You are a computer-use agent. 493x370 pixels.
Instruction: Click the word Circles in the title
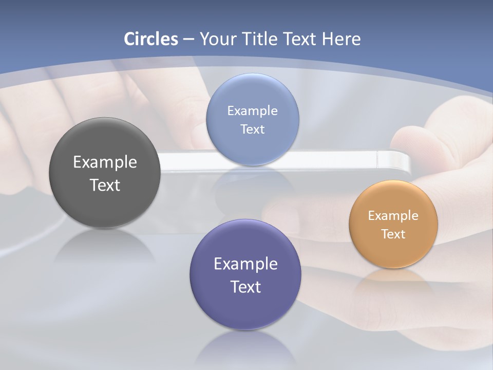pyautogui.click(x=150, y=39)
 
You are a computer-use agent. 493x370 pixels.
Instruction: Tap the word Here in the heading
pyautogui.click(x=341, y=39)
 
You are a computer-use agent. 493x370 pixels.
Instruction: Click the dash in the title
pyautogui.click(x=188, y=40)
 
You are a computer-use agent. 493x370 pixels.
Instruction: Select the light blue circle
pyautogui.click(x=252, y=149)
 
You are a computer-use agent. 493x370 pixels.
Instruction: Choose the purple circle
pyautogui.click(x=245, y=308)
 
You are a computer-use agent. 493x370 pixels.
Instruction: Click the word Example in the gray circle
pyautogui.click(x=105, y=162)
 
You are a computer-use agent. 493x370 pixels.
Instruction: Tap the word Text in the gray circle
pyautogui.click(x=105, y=185)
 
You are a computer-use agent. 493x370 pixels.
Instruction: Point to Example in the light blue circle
pyautogui.click(x=252, y=111)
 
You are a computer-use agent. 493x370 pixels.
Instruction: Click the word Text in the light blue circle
pyautogui.click(x=252, y=129)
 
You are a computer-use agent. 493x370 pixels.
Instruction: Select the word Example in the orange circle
pyautogui.click(x=393, y=216)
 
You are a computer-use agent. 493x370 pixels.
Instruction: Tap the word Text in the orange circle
pyautogui.click(x=393, y=234)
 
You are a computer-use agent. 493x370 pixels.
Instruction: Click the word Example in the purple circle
pyautogui.click(x=245, y=264)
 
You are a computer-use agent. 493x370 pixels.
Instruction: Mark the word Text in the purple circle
pyautogui.click(x=245, y=287)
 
